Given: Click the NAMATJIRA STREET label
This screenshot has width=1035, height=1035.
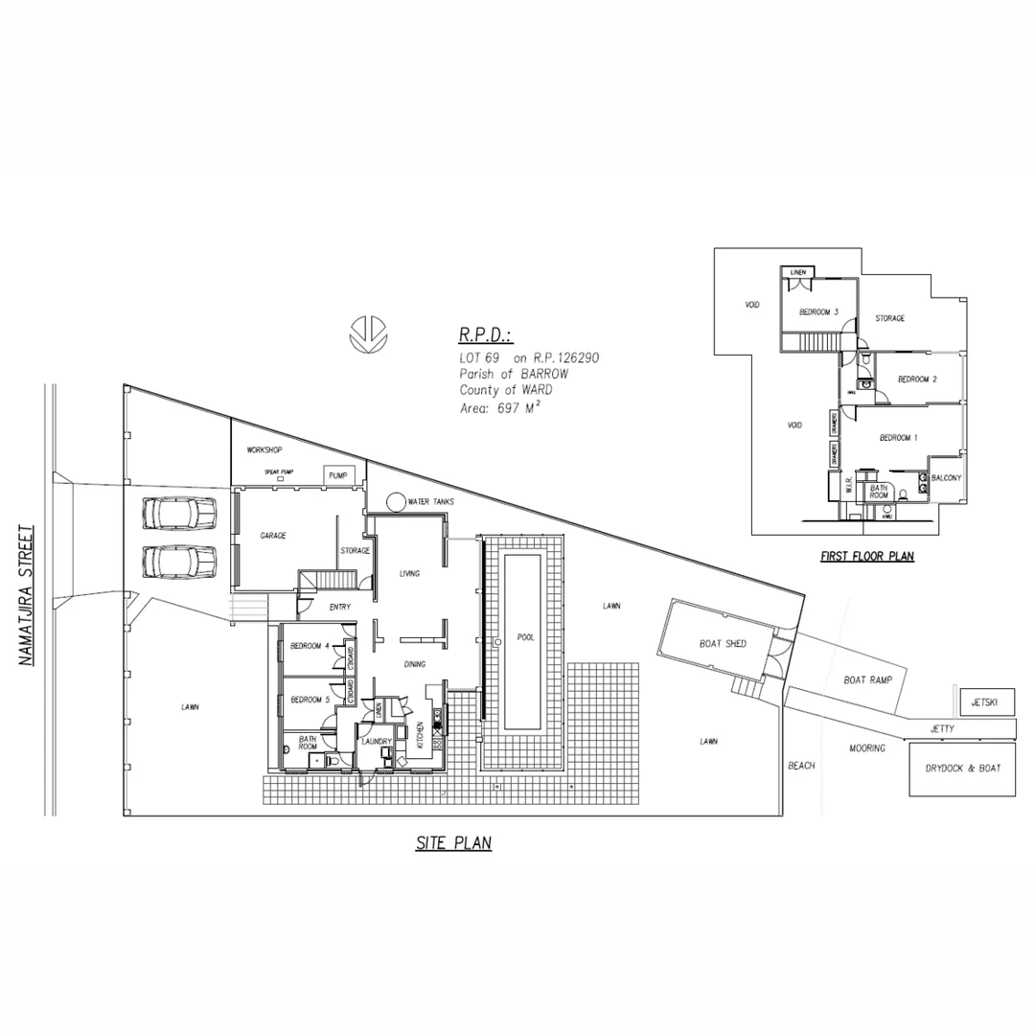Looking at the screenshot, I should [x=27, y=594].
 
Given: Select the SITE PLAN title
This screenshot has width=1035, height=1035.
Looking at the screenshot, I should [x=453, y=843].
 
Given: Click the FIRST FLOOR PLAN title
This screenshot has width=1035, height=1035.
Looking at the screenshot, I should [x=866, y=556].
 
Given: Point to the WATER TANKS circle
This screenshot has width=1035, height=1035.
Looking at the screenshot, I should [x=394, y=501].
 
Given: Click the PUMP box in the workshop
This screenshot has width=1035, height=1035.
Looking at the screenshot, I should [x=338, y=475].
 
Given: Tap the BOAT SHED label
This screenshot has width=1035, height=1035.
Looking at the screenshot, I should [x=723, y=644].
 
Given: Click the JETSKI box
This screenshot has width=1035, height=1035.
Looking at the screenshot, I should [x=984, y=702].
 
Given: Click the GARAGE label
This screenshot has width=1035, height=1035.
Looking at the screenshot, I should [x=273, y=536].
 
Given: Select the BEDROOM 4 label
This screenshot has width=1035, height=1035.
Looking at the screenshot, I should [x=309, y=646].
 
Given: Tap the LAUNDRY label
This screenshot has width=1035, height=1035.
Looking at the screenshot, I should [x=376, y=741].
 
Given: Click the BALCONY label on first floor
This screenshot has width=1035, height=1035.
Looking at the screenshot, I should [x=946, y=477].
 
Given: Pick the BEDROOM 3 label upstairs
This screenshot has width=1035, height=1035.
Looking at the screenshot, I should [x=819, y=311].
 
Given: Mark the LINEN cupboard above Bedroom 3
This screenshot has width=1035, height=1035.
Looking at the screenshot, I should [x=797, y=273].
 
